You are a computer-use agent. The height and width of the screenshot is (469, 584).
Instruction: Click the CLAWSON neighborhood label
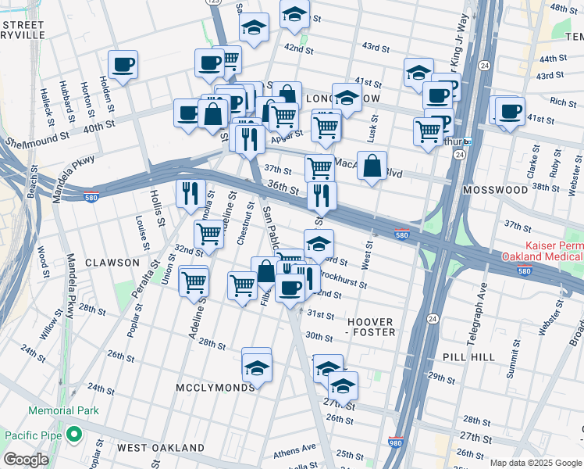pos(112,263)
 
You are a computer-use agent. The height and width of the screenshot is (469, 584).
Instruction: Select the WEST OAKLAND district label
pos(160,447)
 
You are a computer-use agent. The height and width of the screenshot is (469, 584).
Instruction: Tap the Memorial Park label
pos(64,410)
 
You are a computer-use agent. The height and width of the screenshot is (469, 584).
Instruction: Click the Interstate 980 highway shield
pos(397,442)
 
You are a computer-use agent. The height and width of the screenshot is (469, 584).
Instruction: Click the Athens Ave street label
pos(294,449)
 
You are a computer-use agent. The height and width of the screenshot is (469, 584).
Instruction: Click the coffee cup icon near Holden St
pos(123,65)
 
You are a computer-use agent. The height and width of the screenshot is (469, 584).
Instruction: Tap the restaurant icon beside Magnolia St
pos(191,193)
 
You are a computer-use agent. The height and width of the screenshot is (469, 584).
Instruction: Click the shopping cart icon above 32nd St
pos(208,233)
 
